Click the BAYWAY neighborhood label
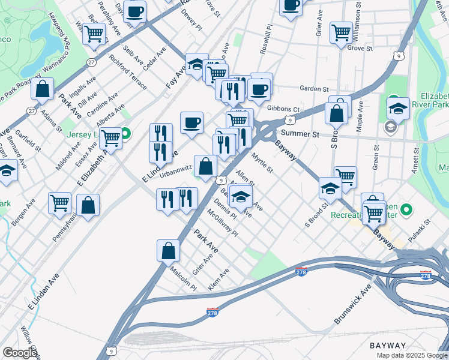pyautogui.click(x=388, y=346)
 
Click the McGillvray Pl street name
pyautogui.click(x=222, y=223)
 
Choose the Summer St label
pyautogui.click(x=299, y=133)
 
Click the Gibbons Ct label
pyautogui.click(x=283, y=109)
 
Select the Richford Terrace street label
pyautogui.click(x=128, y=73)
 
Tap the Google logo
pyautogui.click(x=20, y=353)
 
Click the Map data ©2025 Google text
pyautogui.click(x=412, y=355)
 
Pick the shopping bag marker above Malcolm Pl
pyautogui.click(x=169, y=250)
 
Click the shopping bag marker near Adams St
pyautogui.click(x=43, y=88)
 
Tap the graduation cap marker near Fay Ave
pyautogui.click(x=196, y=64)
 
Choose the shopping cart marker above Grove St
pyautogui.click(x=341, y=32)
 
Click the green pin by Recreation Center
pyautogui.click(x=406, y=209)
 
